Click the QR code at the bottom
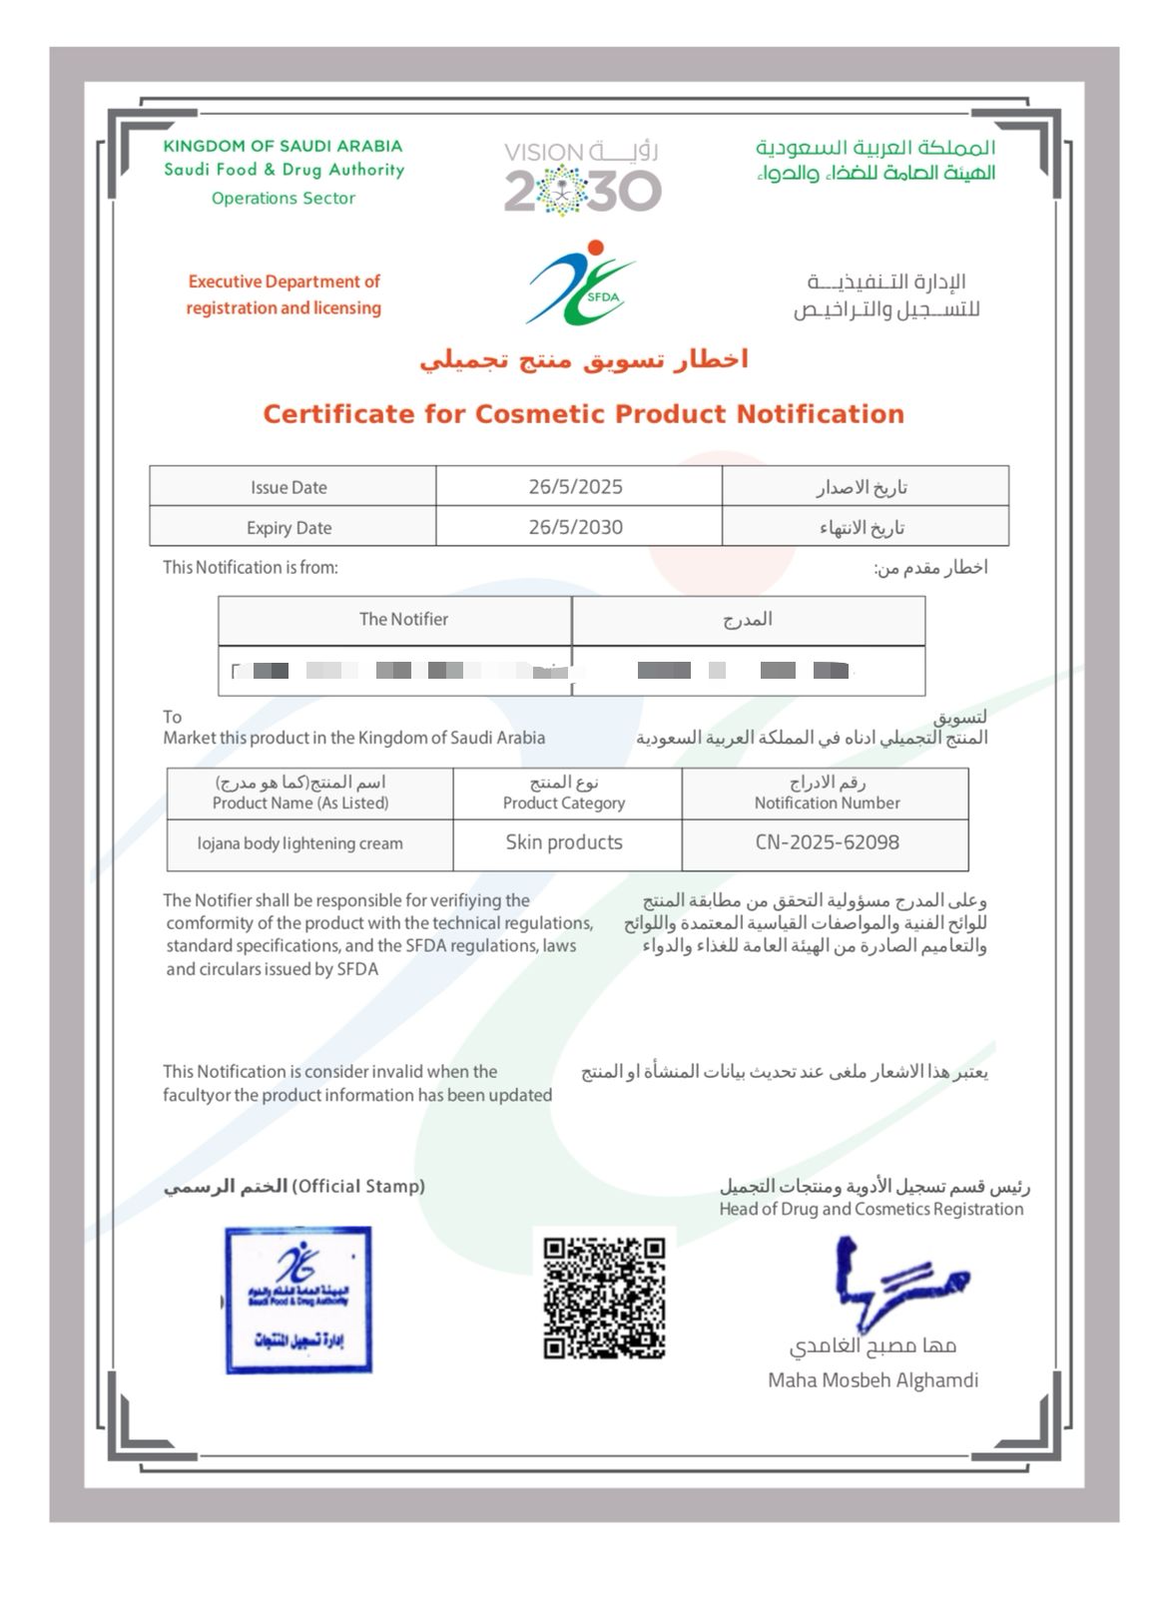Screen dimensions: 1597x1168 (604, 1298)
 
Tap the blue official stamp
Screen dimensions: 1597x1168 (298, 1300)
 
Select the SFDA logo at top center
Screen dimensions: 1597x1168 (581, 283)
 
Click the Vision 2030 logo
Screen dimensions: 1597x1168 (582, 178)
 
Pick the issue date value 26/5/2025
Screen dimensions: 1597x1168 (576, 487)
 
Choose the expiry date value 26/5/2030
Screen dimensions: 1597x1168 (576, 527)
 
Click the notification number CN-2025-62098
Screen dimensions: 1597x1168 (827, 842)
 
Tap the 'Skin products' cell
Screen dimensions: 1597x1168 (564, 842)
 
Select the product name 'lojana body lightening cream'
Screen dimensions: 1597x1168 (300, 843)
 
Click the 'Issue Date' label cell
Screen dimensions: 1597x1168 (290, 487)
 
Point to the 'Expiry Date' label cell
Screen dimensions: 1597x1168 (290, 527)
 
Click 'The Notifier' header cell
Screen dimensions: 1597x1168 (403, 619)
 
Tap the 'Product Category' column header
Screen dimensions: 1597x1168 (564, 802)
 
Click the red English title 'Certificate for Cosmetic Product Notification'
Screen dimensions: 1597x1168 (583, 414)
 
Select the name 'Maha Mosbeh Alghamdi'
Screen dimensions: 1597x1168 (873, 1380)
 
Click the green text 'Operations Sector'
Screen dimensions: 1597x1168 (284, 198)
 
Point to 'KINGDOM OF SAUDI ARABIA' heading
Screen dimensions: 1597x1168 (283, 147)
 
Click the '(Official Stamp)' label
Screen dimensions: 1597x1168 (358, 1186)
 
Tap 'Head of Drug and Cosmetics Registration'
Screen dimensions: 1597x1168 (871, 1209)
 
